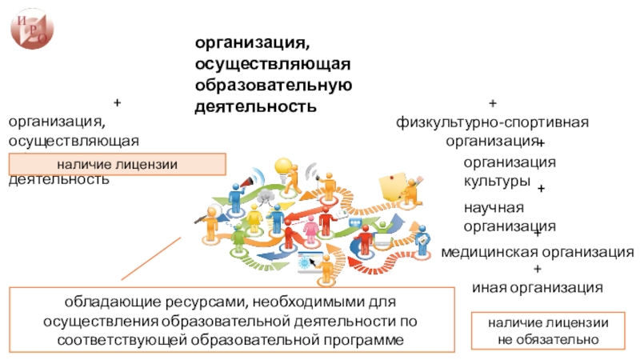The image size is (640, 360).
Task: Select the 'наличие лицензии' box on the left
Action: [x=117, y=165]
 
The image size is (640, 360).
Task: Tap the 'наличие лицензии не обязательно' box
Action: [x=548, y=331]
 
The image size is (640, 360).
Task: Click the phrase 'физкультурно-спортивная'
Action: [x=492, y=123]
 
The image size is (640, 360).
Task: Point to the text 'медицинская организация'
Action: [x=538, y=253]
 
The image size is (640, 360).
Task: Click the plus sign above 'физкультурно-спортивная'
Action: [x=492, y=105]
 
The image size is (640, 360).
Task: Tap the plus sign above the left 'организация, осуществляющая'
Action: [x=117, y=103]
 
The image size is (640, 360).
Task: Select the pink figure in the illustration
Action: [x=310, y=229]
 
